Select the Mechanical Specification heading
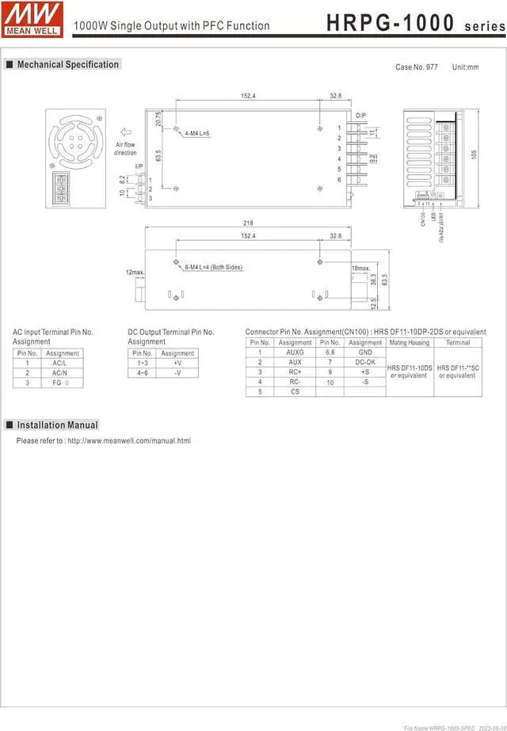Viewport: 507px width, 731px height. (x=67, y=65)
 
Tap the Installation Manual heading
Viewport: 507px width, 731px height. (x=57, y=425)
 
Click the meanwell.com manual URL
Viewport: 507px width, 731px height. (x=128, y=440)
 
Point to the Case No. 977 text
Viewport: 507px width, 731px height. (x=416, y=67)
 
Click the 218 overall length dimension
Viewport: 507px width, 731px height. (x=248, y=224)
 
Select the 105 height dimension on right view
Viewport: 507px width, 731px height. (x=475, y=154)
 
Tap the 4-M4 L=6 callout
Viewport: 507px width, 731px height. (x=196, y=134)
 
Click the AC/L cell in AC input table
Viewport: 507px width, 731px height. (x=59, y=363)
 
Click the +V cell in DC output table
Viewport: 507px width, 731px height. (x=177, y=363)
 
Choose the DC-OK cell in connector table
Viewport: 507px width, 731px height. (x=364, y=362)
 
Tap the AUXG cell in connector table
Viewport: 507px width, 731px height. (x=295, y=352)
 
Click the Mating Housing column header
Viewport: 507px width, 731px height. (x=409, y=342)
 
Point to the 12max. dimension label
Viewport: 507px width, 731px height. (x=135, y=272)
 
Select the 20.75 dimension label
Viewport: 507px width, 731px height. (x=158, y=119)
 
